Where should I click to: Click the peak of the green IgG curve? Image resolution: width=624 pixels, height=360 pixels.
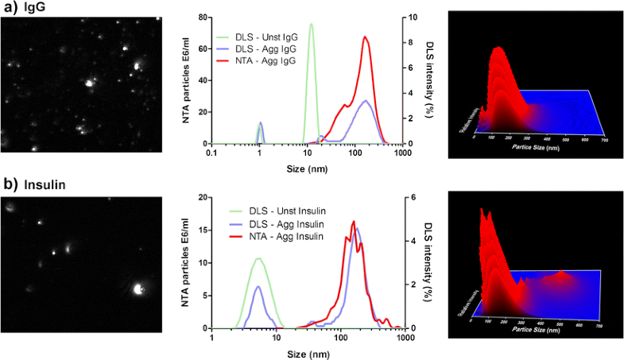click(x=311, y=24)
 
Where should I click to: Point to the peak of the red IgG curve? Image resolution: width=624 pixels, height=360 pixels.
click(x=365, y=37)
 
